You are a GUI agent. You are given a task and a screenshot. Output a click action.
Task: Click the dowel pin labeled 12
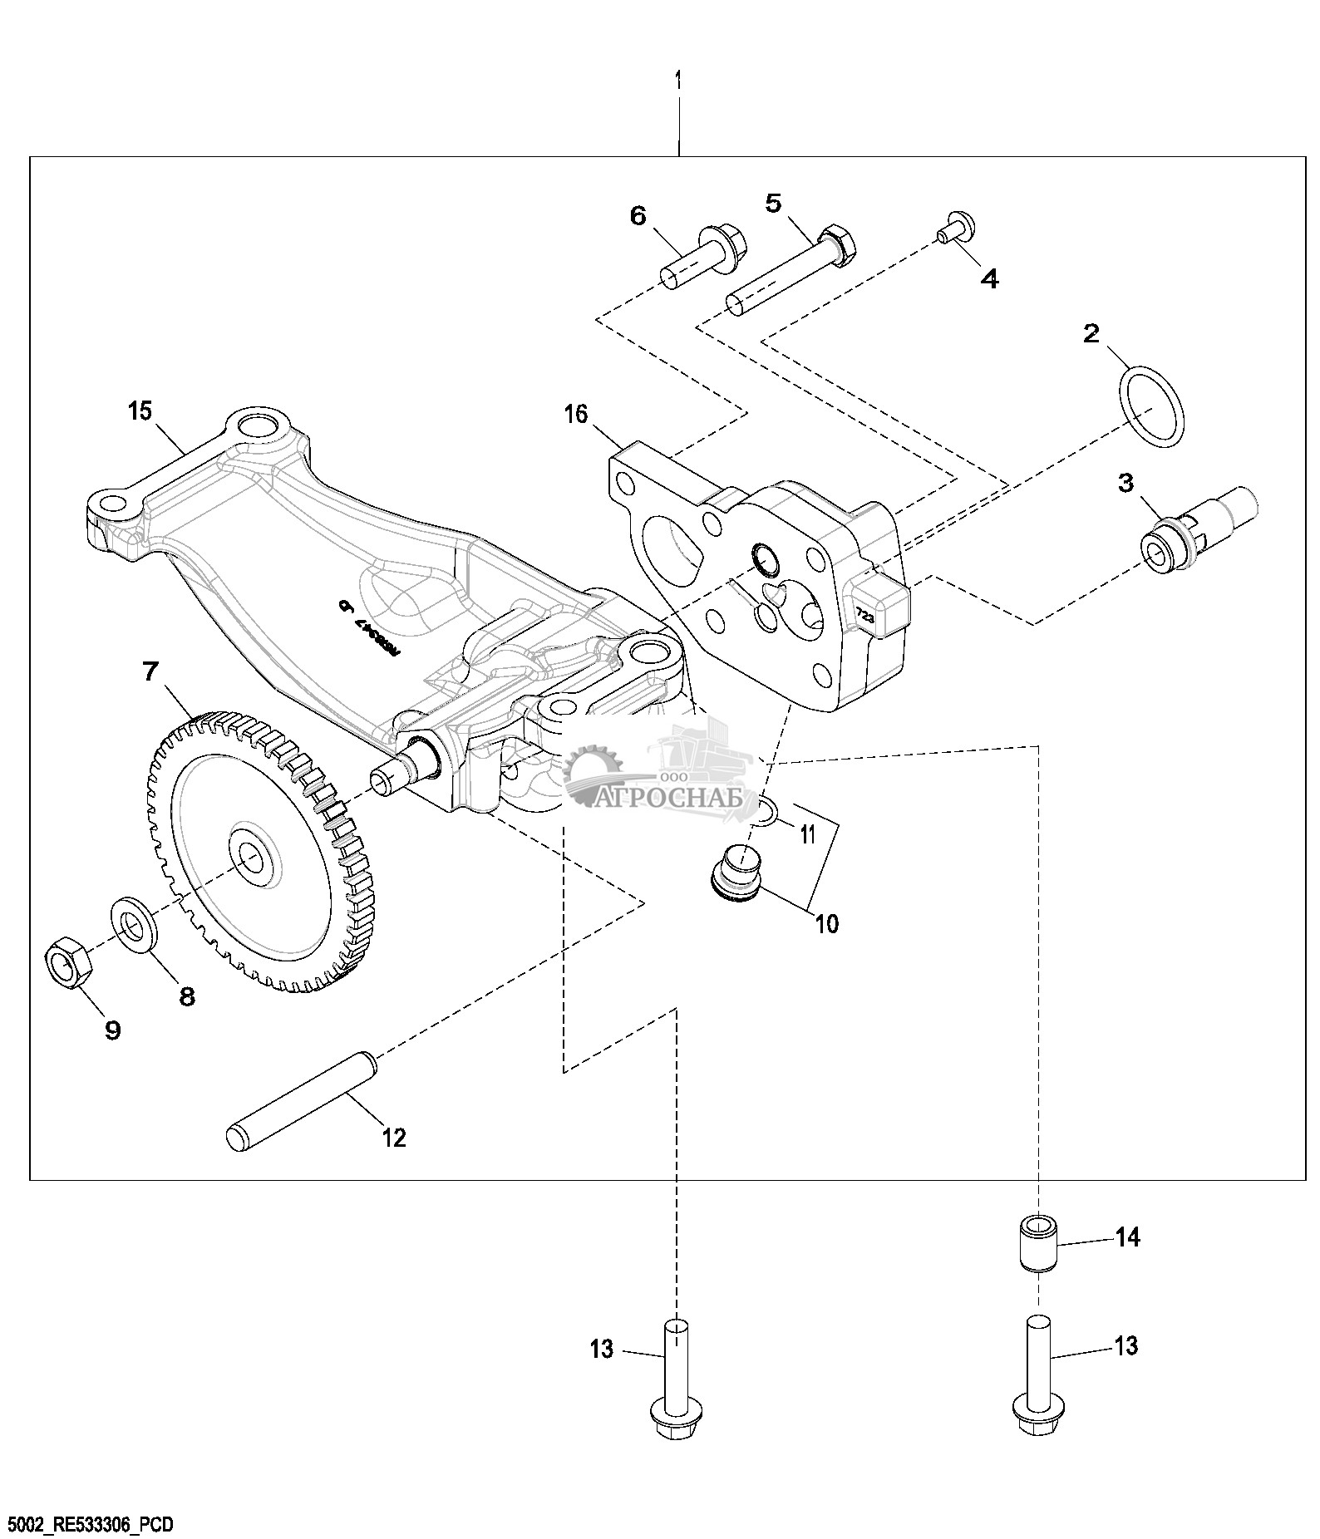(302, 1100)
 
